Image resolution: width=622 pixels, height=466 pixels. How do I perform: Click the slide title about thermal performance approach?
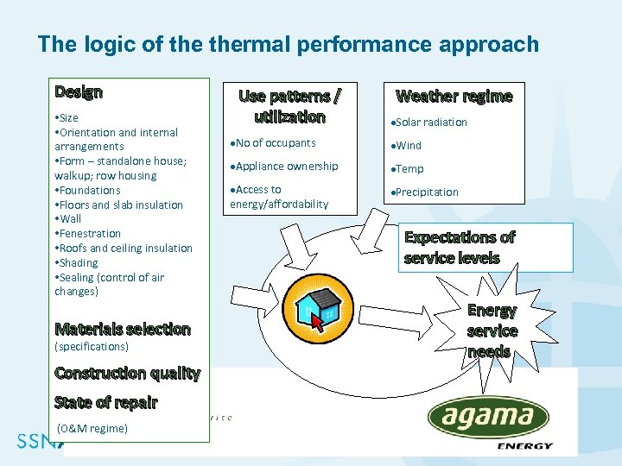(x=288, y=44)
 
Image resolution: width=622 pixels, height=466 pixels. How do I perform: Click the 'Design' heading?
(x=79, y=91)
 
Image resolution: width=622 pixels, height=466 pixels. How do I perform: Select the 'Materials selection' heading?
(x=122, y=329)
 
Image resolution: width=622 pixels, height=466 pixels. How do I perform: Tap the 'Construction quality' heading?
(x=127, y=373)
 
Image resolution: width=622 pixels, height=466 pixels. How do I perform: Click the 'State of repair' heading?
(x=105, y=402)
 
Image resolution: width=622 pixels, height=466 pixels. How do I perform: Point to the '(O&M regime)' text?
(x=92, y=429)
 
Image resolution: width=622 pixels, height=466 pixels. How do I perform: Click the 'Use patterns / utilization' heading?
(x=289, y=106)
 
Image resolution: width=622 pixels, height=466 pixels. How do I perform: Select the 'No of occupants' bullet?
(x=276, y=143)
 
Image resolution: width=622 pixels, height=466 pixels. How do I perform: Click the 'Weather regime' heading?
(x=454, y=96)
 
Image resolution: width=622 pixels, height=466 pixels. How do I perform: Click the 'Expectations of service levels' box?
(x=485, y=248)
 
